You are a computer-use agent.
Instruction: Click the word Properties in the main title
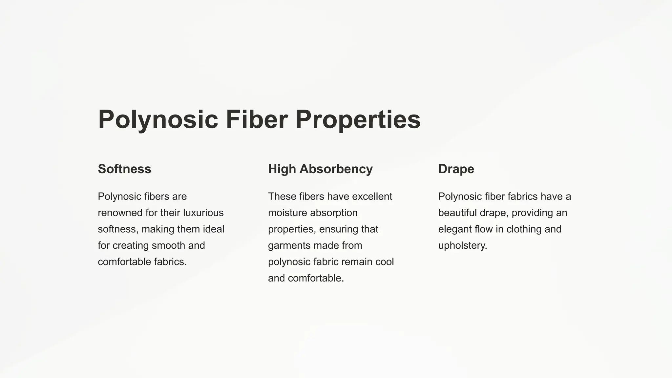pos(358,119)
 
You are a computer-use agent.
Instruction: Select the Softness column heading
pos(124,169)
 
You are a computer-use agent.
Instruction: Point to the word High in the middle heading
pos(282,169)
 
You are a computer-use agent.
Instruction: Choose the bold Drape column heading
pos(456,169)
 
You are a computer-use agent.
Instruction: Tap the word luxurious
pos(203,213)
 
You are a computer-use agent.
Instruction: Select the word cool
pos(384,262)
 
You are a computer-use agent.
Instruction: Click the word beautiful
pos(457,213)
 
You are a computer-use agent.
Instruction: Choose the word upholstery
pos(462,246)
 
